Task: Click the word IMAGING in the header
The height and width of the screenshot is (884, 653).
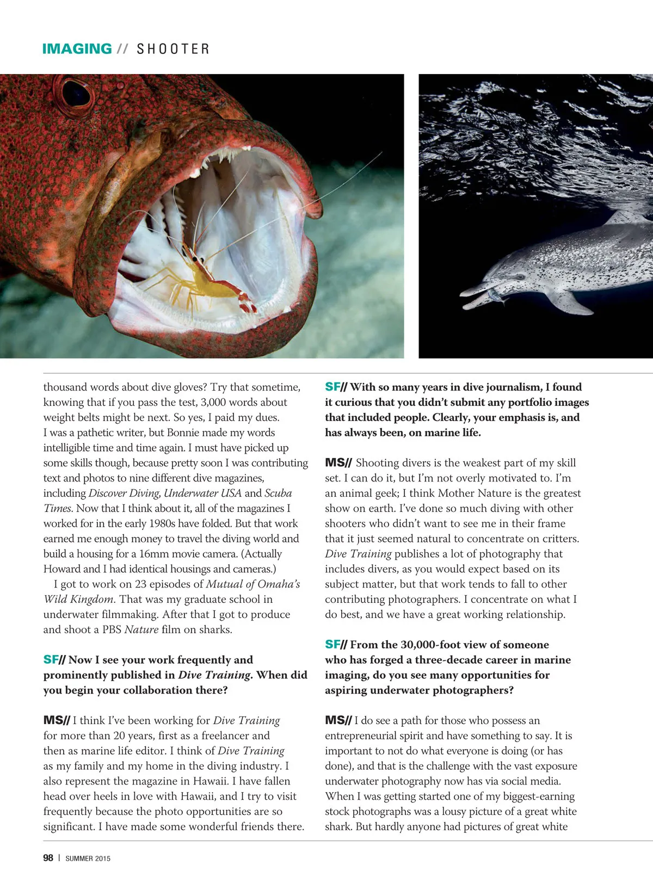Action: pyautogui.click(x=77, y=48)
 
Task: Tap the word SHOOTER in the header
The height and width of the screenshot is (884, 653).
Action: pyautogui.click(x=173, y=49)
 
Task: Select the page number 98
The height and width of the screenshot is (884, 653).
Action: pyautogui.click(x=48, y=858)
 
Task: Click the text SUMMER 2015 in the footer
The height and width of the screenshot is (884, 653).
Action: pyautogui.click(x=88, y=858)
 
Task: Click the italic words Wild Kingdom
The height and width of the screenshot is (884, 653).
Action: pyautogui.click(x=78, y=599)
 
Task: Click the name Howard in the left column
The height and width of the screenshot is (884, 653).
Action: pyautogui.click(x=61, y=569)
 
